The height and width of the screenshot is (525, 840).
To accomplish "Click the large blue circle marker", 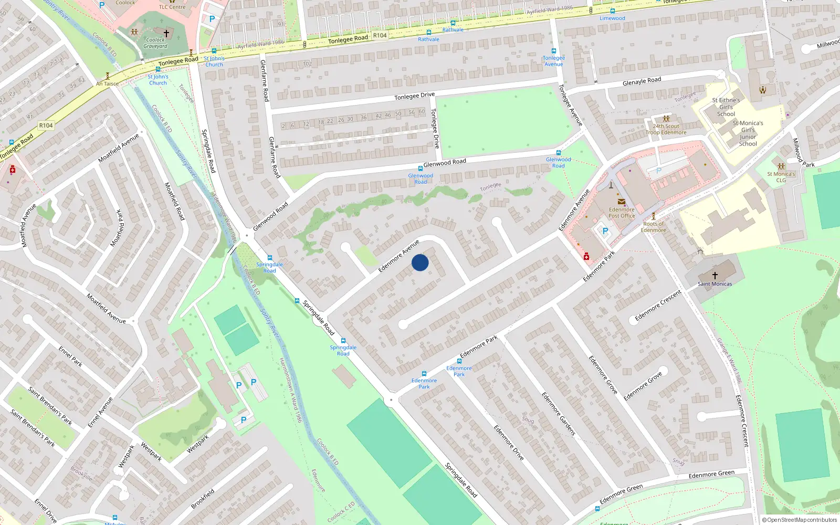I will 420,262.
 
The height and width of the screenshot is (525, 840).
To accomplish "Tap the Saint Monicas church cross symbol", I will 715,275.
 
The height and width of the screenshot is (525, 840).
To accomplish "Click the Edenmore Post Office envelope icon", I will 622,202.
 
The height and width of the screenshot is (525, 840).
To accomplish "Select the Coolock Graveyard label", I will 155,43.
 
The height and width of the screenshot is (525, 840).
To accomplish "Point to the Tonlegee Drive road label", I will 414,96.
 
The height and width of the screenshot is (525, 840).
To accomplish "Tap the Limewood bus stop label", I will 612,18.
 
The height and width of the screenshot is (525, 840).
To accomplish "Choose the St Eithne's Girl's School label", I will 726,107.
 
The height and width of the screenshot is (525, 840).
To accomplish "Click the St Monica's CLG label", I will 781,177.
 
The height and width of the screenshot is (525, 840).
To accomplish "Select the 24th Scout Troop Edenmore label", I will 666,129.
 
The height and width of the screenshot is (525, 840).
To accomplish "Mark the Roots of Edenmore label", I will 653,227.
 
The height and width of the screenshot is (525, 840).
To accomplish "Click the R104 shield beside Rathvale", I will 380,36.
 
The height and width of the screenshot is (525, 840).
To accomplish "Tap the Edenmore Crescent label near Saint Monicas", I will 658,306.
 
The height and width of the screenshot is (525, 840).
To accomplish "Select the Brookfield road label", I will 203,499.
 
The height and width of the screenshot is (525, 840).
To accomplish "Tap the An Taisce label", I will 107,83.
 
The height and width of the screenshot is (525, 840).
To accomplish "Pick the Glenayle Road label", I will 642,81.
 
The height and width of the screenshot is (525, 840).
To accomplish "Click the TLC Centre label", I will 172,7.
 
